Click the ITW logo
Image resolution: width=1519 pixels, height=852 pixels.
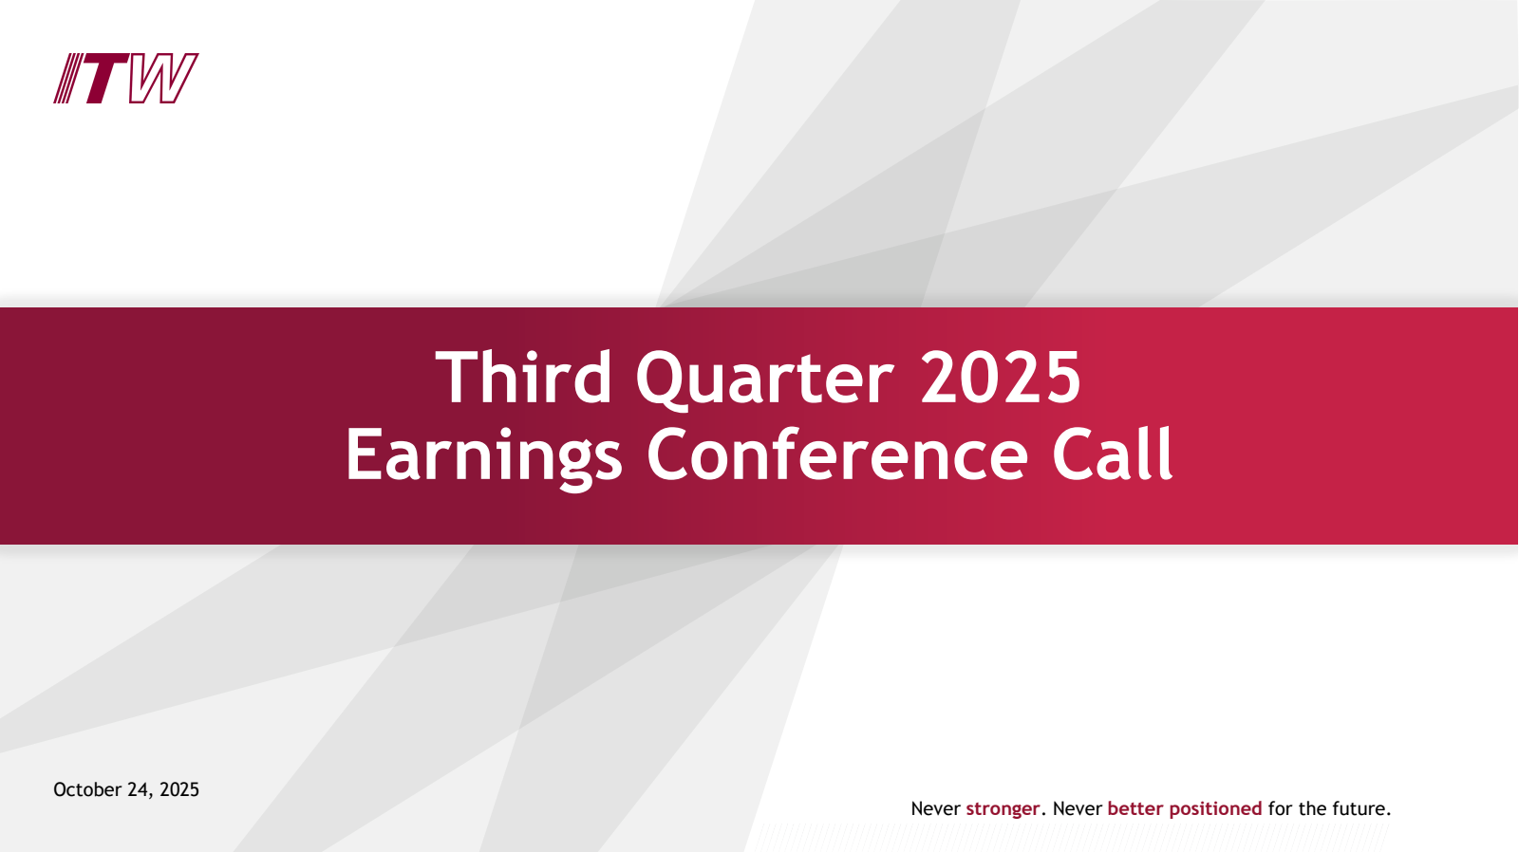point(126,79)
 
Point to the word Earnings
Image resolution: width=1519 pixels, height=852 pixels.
point(484,456)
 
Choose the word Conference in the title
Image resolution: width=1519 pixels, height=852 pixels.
point(837,454)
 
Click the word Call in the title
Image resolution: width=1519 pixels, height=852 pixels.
point(1113,454)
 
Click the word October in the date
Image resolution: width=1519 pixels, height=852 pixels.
point(86,789)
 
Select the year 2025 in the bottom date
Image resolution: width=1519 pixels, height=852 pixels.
point(179,789)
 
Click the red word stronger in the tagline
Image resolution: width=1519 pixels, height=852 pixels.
point(1003,809)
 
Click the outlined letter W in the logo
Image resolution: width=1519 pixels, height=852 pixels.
point(162,79)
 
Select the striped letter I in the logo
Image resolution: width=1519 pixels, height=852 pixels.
point(68,79)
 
